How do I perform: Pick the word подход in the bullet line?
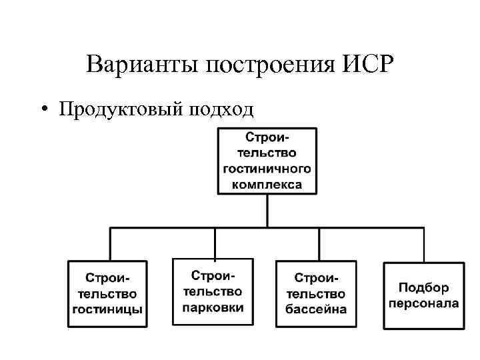221,109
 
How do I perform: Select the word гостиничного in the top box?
267,168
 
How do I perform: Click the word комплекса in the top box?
267,183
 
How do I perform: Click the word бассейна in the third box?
317,309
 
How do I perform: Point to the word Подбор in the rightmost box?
424,288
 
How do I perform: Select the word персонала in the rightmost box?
424,303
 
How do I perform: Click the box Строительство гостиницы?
107,293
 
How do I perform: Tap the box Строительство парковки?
213,292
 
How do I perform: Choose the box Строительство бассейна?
317,293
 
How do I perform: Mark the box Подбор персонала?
424,295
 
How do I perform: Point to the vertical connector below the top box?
267,212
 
